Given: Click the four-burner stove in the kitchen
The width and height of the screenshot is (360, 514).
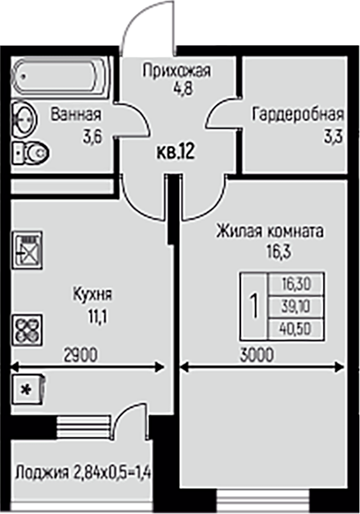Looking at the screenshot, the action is point(27,330).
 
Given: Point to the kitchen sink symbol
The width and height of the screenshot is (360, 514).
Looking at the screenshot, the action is point(27,250).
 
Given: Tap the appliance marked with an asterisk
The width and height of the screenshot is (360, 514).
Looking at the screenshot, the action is point(28,390).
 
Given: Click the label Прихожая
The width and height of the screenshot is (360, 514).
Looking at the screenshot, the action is point(176,70).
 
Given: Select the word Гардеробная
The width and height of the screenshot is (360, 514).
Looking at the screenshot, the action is point(298,114).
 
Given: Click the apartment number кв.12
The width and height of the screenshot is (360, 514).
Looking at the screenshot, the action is point(176,152).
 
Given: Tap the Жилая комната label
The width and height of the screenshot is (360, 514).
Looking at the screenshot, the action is point(269,231).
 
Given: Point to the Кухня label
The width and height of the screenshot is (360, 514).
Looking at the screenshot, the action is point(93,295).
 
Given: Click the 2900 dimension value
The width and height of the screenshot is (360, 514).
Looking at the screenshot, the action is point(81,355).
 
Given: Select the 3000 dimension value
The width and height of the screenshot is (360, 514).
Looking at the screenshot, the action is point(256,355).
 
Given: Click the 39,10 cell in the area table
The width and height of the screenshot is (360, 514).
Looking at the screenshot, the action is point(296,307).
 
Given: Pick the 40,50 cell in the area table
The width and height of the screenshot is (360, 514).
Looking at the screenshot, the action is point(296,329).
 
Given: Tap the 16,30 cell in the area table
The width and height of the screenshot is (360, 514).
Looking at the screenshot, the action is point(296,284).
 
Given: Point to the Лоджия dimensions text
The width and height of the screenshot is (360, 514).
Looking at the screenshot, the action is point(83,473).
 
